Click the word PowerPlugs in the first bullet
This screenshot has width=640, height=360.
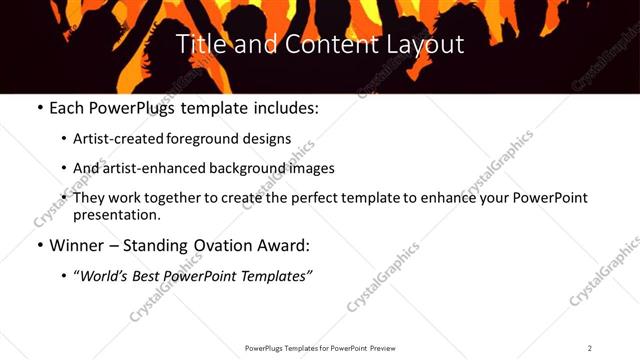point(141,108)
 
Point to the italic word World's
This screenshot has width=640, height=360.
point(105,276)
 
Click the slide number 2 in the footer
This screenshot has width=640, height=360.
point(590,348)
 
